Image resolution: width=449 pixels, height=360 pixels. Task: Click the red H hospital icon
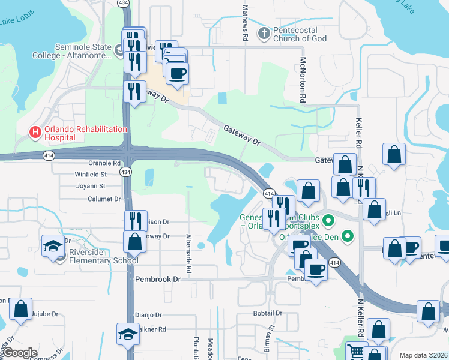(x=35, y=132)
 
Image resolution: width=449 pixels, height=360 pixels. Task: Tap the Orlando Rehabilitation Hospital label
(x=84, y=133)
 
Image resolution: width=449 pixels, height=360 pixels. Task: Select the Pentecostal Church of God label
(x=300, y=34)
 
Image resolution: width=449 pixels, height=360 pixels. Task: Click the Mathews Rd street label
(x=245, y=23)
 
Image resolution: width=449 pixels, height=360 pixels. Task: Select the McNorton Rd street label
(x=303, y=80)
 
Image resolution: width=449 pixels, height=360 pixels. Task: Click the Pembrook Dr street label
(x=158, y=280)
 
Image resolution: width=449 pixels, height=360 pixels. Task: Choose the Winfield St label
(x=89, y=175)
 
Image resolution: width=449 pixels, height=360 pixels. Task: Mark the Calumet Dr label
(x=104, y=199)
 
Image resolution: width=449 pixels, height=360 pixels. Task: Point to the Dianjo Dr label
(x=148, y=314)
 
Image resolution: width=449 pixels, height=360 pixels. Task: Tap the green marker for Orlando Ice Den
(x=346, y=236)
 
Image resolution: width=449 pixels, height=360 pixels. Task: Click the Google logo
(x=20, y=353)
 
